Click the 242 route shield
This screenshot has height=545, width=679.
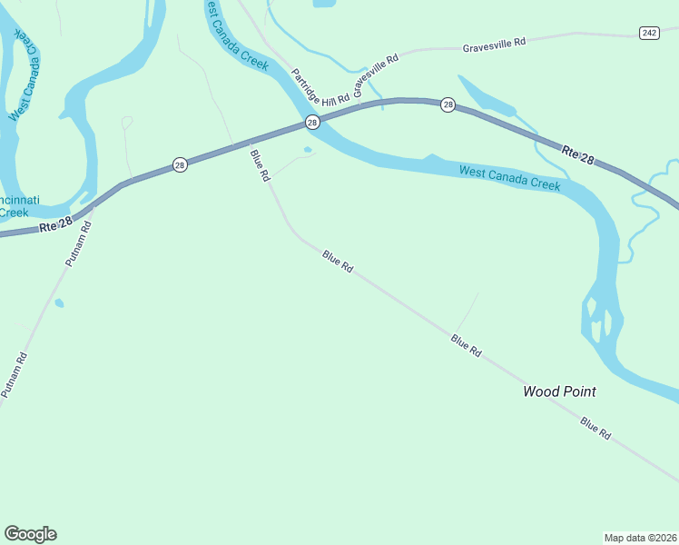tap(648, 33)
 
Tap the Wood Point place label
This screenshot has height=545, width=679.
tap(559, 391)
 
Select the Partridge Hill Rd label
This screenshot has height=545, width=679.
tap(320, 87)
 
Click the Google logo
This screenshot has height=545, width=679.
tap(30, 534)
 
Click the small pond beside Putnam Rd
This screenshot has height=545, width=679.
tap(59, 303)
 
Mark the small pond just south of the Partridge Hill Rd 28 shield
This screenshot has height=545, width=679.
tap(308, 150)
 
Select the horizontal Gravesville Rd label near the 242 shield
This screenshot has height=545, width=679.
tap(494, 44)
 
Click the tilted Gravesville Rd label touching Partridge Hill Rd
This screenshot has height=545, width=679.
tap(376, 75)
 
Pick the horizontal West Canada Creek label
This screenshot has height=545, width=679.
tap(509, 177)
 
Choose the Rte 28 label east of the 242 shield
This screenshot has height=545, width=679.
tap(577, 154)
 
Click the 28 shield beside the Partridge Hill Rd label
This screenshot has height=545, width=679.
tap(312, 122)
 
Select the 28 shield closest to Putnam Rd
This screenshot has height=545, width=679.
tap(180, 164)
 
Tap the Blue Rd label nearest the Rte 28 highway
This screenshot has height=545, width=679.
tap(260, 164)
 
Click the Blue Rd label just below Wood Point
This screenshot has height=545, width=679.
tap(595, 428)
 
